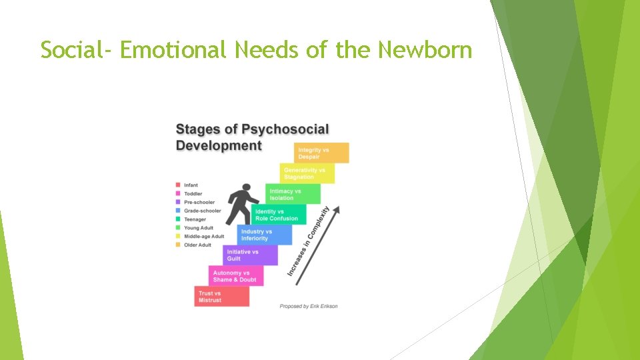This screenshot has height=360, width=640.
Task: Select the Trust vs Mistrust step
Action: pyautogui.click(x=222, y=297)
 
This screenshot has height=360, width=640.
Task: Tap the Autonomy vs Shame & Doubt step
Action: pyautogui.click(x=236, y=276)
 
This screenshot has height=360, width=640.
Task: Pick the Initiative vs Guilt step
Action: pyautogui.click(x=250, y=255)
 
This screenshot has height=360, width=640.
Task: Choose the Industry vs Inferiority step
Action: pyautogui.click(x=265, y=235)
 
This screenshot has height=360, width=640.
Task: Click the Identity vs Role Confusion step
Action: pyautogui.click(x=279, y=215)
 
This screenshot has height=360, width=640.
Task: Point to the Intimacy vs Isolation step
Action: pyautogui.click(x=293, y=194)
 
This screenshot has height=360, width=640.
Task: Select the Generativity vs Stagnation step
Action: pyautogui.click(x=307, y=173)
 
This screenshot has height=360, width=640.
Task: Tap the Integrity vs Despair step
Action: pyautogui.click(x=321, y=153)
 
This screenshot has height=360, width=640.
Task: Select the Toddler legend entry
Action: pyautogui.click(x=192, y=193)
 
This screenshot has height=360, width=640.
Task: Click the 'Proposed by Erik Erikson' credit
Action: pyautogui.click(x=309, y=306)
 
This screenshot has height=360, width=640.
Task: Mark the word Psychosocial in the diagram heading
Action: pyautogui.click(x=285, y=129)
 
